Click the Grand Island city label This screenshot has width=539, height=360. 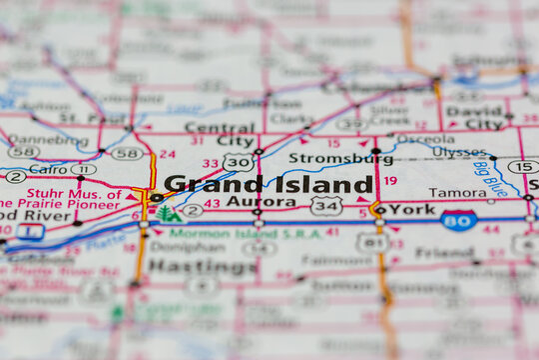point(269,184)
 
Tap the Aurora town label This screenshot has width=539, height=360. point(233,202)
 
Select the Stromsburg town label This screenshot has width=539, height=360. point(326,158)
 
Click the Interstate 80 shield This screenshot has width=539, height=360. point(458,221)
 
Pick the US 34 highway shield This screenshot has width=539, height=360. point(325,205)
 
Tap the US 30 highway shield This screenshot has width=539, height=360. point(238,162)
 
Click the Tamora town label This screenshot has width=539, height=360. point(458,193)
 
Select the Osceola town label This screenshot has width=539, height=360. point(426,139)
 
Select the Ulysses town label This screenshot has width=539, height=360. point(458,152)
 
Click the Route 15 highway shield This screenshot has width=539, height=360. point(522,167)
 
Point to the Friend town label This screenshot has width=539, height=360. point(445,254)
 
